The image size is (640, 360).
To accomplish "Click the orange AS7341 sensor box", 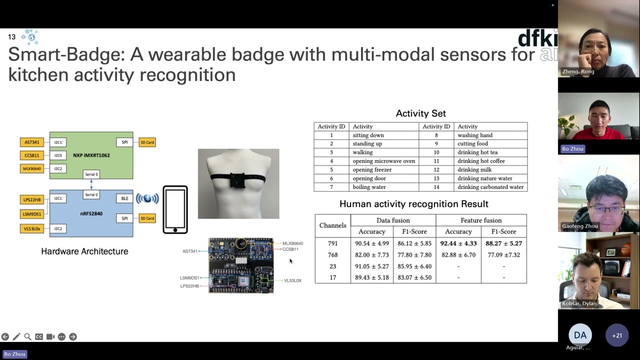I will (31, 142).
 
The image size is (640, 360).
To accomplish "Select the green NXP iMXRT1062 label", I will (91, 155).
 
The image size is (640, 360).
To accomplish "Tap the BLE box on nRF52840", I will (124, 198).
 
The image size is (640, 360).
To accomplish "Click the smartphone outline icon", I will (175, 210).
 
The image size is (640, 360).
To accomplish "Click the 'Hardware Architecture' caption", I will (84, 251).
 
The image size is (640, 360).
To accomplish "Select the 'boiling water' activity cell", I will (369, 187).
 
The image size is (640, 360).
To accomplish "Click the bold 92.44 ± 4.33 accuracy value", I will (458, 243).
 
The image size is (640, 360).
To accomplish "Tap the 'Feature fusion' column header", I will (481, 220).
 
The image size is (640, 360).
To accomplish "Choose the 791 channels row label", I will (332, 243).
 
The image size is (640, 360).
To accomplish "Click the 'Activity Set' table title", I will (420, 113).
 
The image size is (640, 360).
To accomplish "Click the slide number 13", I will (11, 37).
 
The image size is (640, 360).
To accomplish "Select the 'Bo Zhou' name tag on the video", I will (572, 148).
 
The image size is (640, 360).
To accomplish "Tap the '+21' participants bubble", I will (617, 335).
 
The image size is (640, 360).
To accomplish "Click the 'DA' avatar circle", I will (580, 335).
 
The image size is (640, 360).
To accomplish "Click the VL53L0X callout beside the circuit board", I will (292, 280).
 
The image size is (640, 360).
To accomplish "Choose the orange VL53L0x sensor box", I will (31, 229).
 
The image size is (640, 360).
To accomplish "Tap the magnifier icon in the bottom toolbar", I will (27, 337).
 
